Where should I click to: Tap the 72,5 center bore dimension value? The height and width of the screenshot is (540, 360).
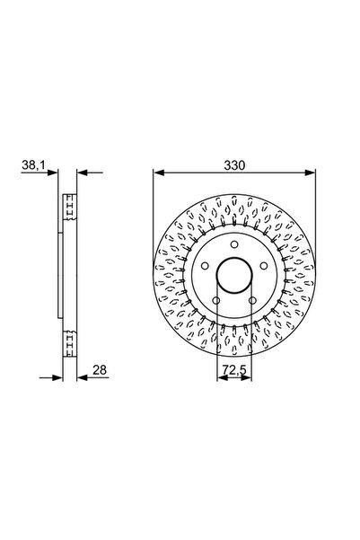pos(233,370)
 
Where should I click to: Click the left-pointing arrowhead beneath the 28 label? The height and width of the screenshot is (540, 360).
pos(80,379)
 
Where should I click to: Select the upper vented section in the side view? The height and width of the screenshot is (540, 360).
pos(67,208)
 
